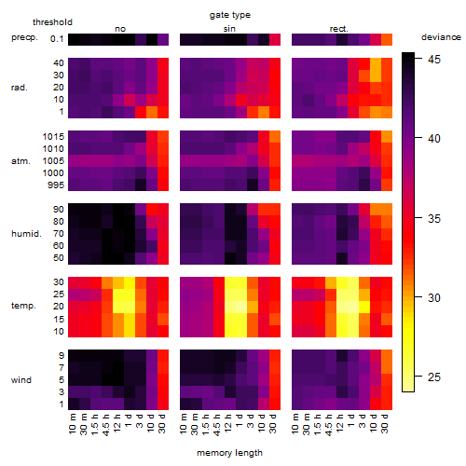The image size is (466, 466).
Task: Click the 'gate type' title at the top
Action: [x=230, y=15]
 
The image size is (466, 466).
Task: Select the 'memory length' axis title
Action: [x=229, y=453]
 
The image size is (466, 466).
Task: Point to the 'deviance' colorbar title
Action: [x=441, y=37]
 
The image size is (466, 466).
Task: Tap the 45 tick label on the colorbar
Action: [x=434, y=59]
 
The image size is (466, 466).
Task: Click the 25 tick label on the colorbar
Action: [x=434, y=377]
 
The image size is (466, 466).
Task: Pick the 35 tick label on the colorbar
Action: [x=434, y=219]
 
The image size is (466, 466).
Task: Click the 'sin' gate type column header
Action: [x=229, y=29]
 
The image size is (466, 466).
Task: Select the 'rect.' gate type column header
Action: [x=338, y=29]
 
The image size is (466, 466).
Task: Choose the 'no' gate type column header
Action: [x=120, y=29]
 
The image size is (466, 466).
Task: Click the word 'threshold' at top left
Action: [x=52, y=22]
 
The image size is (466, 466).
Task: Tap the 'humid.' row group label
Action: [x=26, y=234]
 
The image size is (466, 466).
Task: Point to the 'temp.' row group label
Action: [x=23, y=306]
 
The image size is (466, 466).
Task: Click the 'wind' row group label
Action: [x=21, y=380]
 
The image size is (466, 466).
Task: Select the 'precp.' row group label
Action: [x=24, y=37]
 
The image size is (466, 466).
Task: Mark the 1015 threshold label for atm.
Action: [x=53, y=137]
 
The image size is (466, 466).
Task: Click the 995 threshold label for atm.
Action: [x=56, y=185]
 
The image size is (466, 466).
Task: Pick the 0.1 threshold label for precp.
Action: [x=57, y=39]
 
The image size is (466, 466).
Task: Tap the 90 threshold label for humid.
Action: [x=59, y=210]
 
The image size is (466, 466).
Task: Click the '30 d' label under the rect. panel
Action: [x=384, y=423]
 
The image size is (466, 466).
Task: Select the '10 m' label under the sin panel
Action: [x=184, y=424]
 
